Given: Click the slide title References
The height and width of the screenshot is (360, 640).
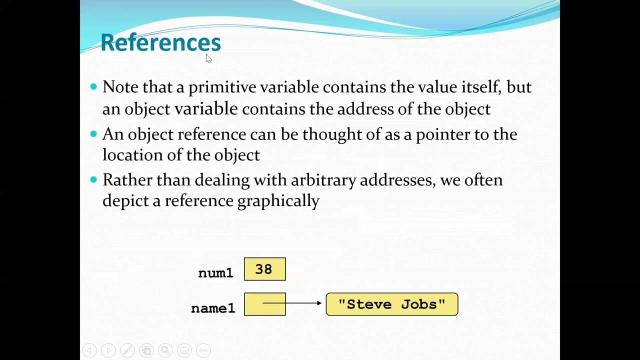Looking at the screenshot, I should (160, 42).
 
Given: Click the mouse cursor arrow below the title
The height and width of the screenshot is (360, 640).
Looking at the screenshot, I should (208, 58).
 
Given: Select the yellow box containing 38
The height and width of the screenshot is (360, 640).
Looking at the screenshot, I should (264, 269).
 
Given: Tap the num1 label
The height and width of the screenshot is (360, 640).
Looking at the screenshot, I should (215, 273).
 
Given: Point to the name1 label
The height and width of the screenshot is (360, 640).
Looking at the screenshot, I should (213, 308).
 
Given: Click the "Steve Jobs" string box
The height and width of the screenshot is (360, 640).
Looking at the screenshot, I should (391, 304).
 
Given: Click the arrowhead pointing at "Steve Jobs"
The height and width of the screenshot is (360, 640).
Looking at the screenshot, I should (318, 303).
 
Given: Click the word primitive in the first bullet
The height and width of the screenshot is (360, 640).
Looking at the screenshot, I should (222, 87).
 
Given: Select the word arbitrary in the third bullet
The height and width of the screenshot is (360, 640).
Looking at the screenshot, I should (323, 180).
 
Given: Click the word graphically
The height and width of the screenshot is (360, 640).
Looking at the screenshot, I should (278, 201).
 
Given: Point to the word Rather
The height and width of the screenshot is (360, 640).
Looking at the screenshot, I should (127, 180).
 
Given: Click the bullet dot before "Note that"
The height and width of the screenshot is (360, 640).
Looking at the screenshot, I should (93, 87).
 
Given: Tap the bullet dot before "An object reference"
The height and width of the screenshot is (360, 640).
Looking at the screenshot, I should (93, 134).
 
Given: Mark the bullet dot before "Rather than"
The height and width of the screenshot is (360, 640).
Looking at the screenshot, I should (93, 179).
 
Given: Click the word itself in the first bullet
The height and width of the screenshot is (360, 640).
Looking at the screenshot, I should (481, 87).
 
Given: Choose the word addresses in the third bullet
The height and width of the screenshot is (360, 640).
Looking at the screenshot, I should (397, 180).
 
